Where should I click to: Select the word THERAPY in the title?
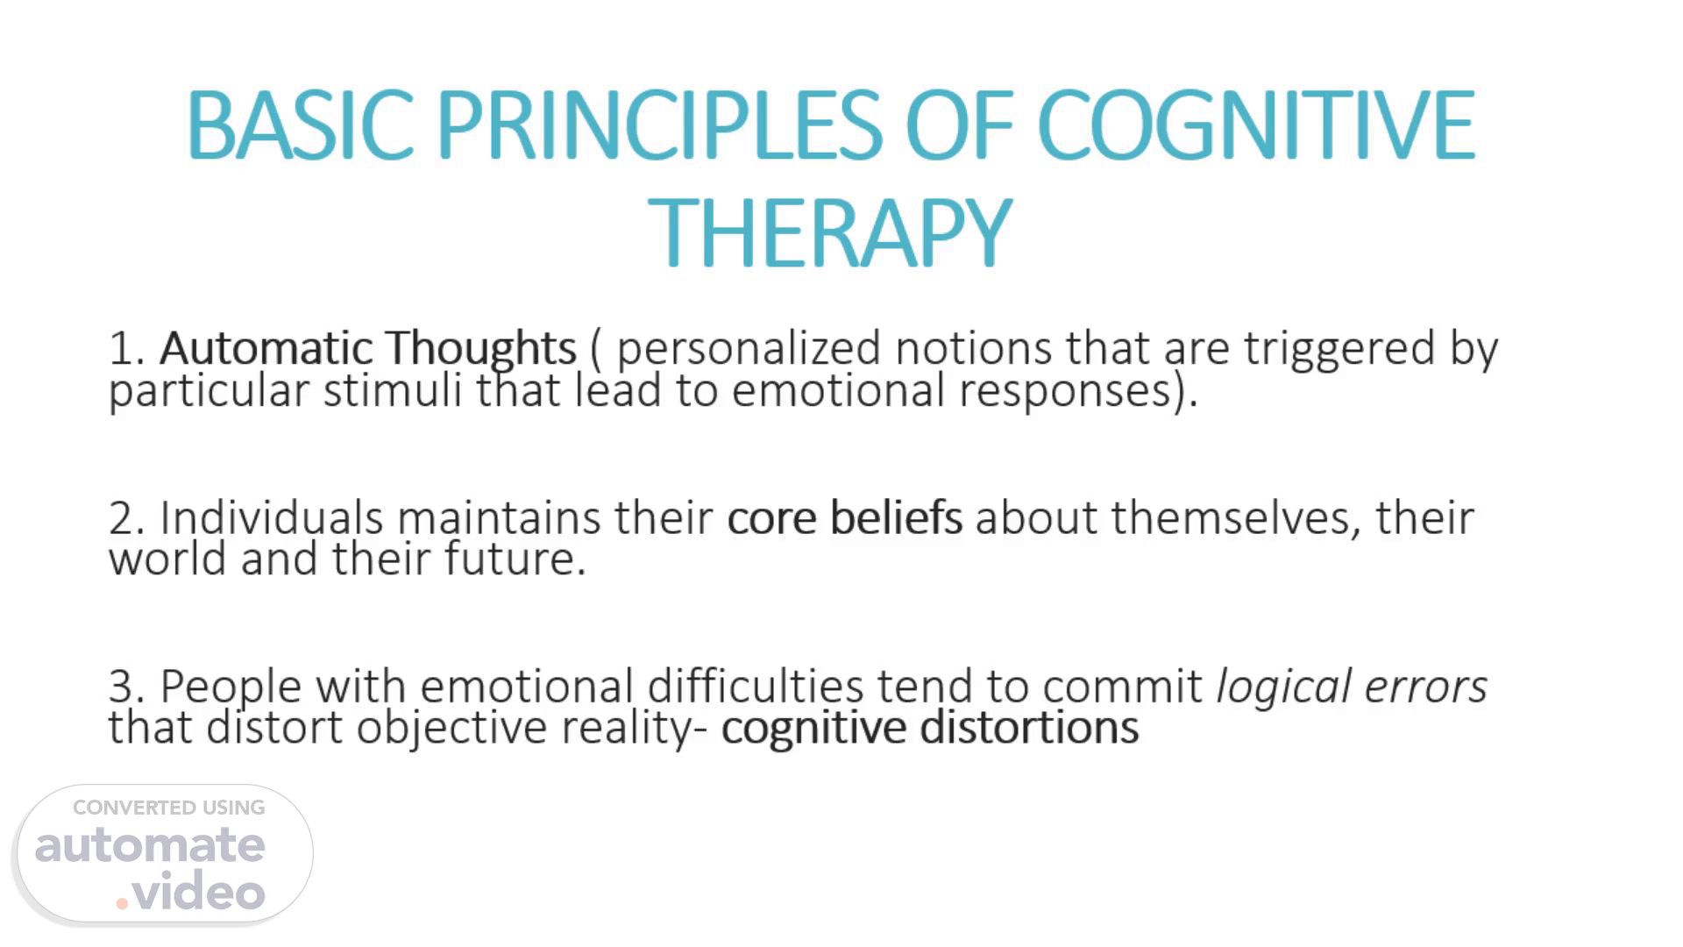tap(830, 232)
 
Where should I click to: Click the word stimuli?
tap(393, 390)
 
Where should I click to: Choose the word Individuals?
tap(272, 517)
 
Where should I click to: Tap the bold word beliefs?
tap(896, 517)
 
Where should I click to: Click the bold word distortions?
tap(1030, 728)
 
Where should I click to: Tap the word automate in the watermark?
tap(150, 845)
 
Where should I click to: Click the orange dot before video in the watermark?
tap(122, 902)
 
